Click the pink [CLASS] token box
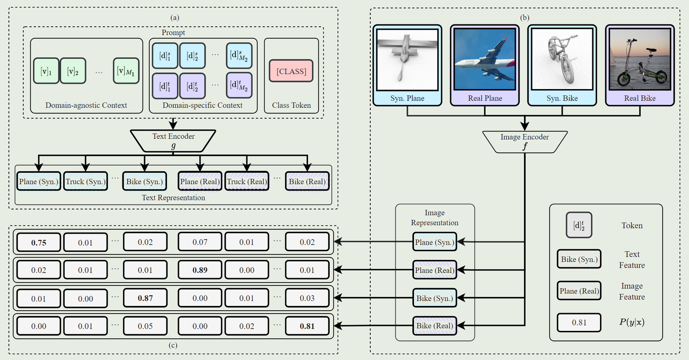[291, 72]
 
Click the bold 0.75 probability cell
[39, 242]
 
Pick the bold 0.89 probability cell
[200, 270]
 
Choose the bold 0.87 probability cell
[145, 298]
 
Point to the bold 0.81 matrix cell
[307, 326]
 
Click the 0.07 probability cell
[200, 242]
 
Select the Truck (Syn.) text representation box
[86, 181]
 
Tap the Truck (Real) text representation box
[247, 181]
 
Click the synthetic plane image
[407, 60]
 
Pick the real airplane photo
[485, 60]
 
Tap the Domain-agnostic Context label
[86, 105]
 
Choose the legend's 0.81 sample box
[579, 322]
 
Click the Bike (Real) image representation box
[435, 326]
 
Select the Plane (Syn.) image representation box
[435, 242]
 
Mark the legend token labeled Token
[579, 225]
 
